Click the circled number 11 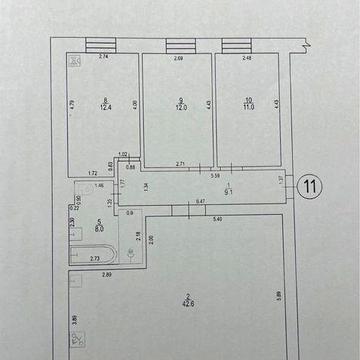[x=313, y=185]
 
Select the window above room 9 [x=180, y=45]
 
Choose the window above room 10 [x=236, y=45]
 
